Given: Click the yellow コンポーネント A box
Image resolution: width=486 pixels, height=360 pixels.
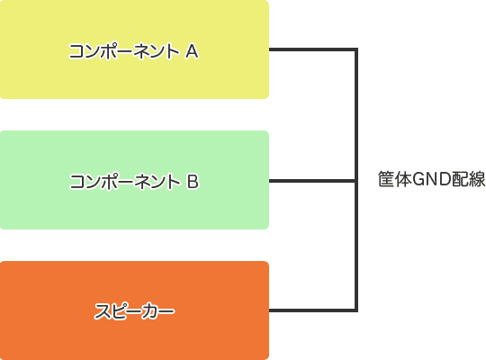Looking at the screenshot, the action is click(134, 49).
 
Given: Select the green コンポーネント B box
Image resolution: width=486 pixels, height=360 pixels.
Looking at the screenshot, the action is click(134, 180).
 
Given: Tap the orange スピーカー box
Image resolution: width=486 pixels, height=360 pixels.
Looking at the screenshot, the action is click(134, 310).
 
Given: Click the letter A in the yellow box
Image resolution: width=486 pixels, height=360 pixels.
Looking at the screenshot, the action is click(192, 51).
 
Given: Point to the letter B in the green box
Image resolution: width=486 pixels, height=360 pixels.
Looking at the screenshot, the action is click(193, 182).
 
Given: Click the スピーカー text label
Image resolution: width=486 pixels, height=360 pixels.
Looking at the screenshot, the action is click(134, 311).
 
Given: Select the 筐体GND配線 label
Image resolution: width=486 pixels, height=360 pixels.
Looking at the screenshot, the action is click(432, 179).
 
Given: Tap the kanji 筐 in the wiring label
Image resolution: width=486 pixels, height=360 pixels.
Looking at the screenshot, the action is click(386, 179).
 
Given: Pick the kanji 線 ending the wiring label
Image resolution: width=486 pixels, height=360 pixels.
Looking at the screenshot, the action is click(477, 179).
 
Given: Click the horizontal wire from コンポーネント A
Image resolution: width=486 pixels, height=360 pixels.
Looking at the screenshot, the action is click(312, 49).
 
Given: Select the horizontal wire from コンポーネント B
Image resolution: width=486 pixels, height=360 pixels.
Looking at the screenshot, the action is click(312, 181).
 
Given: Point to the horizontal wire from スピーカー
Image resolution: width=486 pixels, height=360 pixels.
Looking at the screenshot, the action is click(312, 310).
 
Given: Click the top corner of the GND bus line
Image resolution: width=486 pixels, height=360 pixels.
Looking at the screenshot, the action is click(356, 49).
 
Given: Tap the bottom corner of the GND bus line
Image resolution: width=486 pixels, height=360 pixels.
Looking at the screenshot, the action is click(356, 310).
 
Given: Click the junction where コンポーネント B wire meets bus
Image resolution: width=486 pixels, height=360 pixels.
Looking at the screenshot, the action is click(356, 181).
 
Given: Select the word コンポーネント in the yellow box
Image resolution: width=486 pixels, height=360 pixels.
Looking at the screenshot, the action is click(124, 51).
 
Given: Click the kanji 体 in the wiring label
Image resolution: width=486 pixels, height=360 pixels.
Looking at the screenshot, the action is click(404, 179).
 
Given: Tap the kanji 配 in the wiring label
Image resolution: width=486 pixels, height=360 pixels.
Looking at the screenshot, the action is click(460, 179).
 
